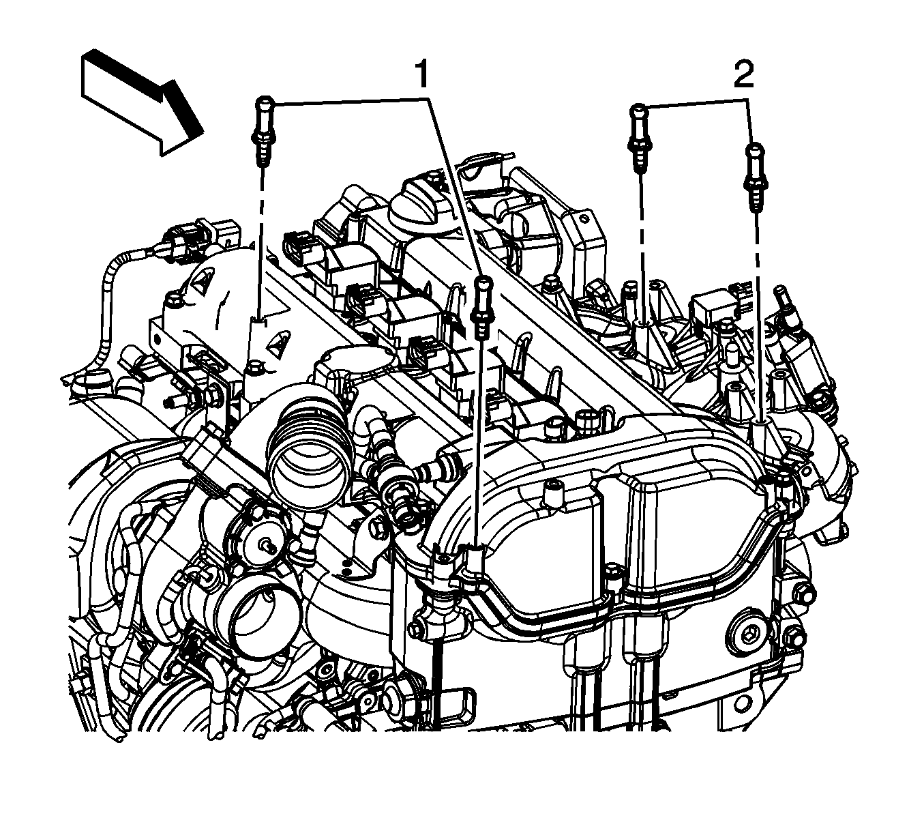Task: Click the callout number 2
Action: tap(744, 76)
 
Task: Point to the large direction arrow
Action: tap(143, 102)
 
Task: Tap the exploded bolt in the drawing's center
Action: tap(482, 306)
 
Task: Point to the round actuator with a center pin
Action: tap(267, 543)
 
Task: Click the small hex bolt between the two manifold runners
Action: tap(614, 572)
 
